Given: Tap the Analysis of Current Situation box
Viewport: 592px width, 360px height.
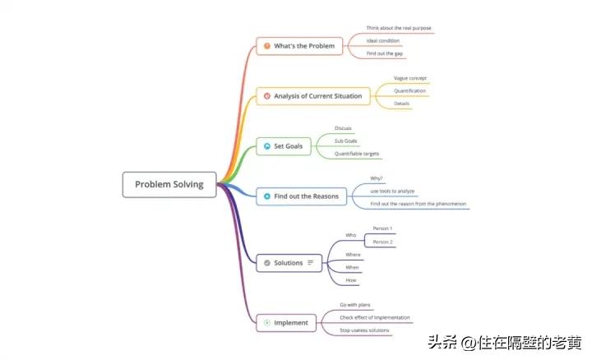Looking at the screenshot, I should tap(313, 96).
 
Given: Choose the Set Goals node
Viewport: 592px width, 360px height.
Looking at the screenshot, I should tap(284, 146).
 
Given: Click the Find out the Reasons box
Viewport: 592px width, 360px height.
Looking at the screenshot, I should tap(301, 197).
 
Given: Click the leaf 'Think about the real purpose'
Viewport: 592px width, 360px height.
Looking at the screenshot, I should tap(398, 28).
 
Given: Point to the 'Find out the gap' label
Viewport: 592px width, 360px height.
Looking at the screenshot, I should tap(385, 53).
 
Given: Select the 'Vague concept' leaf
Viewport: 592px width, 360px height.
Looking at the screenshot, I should tap(410, 78).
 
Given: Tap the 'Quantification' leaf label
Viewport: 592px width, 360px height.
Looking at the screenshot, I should tap(409, 90).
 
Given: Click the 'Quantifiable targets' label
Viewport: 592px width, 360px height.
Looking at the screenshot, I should tap(357, 154).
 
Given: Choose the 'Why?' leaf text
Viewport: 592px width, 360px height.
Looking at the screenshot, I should tap(377, 178).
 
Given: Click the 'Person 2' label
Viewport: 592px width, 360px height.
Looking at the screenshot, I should tap(382, 242).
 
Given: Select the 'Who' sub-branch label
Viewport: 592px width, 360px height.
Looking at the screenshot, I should tap(350, 235).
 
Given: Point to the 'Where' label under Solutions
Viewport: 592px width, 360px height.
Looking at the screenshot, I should tap(353, 255).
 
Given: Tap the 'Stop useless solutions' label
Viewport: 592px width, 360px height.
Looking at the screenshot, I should tap(364, 330).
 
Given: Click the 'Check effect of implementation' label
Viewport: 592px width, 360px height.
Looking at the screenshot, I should tap(375, 317).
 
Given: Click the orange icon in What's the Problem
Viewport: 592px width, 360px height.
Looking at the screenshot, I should tap(266, 46).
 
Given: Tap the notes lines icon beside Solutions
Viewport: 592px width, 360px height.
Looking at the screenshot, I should tap(311, 263).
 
